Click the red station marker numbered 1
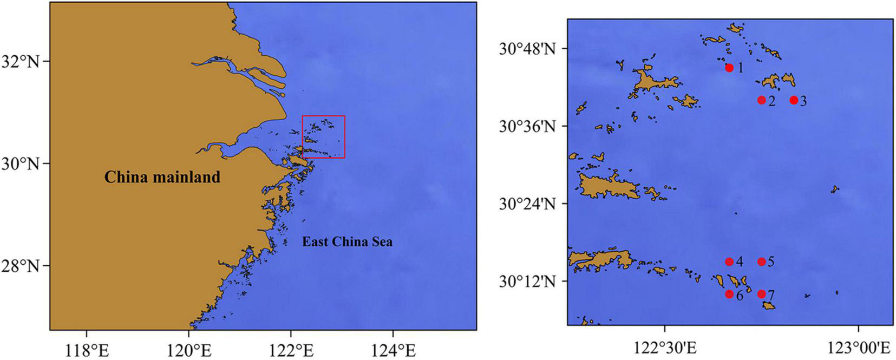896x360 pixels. [x=729, y=68]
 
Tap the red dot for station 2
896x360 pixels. [x=761, y=100]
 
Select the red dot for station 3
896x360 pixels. [x=794, y=100]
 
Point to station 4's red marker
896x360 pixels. [x=729, y=262]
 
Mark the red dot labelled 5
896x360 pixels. [x=761, y=262]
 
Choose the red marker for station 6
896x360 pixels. [x=729, y=294]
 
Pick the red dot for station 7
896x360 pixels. [x=761, y=294]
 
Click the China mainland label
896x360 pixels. [x=162, y=177]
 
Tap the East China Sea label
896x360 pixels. [x=347, y=241]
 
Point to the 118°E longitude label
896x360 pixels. [x=87, y=350]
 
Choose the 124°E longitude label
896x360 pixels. [x=393, y=350]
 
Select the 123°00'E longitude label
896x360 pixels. [x=858, y=347]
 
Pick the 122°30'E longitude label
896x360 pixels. [x=665, y=347]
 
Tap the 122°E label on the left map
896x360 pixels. [x=291, y=350]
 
